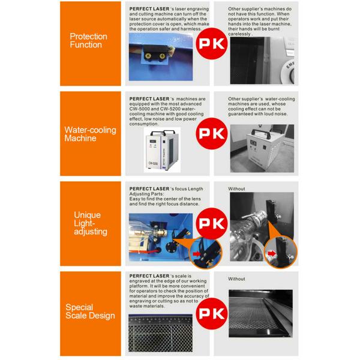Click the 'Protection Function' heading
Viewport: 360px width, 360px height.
[x=88, y=40]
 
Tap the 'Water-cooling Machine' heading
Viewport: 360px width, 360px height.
[x=90, y=134]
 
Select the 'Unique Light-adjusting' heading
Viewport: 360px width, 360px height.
[x=91, y=223]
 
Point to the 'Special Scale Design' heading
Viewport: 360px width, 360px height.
[x=90, y=311]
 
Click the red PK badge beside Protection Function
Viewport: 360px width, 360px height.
[x=212, y=44]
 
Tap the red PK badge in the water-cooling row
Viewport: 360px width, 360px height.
[x=212, y=134]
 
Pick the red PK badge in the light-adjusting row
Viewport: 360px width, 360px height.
[x=212, y=224]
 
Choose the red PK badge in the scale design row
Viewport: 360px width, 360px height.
[x=212, y=314]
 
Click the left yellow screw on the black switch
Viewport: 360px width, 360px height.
[x=148, y=55]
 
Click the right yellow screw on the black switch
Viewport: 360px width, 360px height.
[x=162, y=56]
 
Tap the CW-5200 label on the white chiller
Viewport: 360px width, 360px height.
[x=153, y=163]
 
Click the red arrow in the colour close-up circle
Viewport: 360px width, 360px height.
[x=196, y=254]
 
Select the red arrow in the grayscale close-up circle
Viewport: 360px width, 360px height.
[x=272, y=253]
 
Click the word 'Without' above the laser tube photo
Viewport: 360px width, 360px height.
[x=236, y=189]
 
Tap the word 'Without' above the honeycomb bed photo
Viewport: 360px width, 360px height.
[x=236, y=279]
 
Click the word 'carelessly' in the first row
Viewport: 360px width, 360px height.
[x=239, y=34]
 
